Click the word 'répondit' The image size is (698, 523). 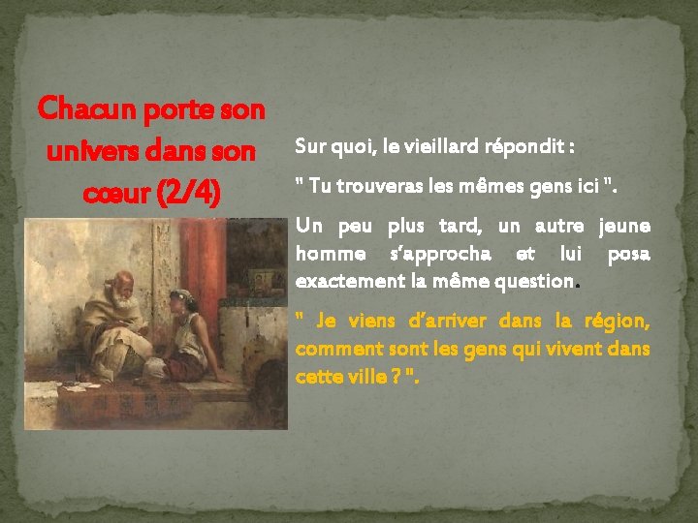coord(532,147)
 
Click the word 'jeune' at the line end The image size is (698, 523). coord(624,227)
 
